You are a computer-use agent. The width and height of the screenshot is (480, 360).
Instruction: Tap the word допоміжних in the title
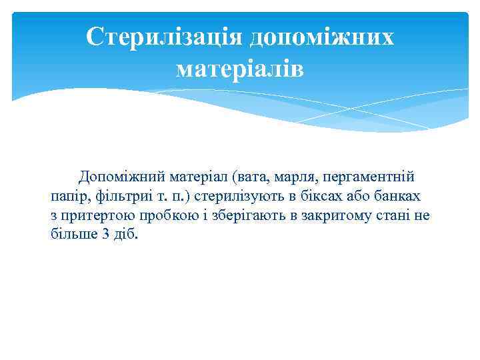coord(321,37)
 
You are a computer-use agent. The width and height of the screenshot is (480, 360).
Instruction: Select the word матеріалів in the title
coord(239,69)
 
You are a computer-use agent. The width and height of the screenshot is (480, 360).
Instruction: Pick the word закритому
coord(327,216)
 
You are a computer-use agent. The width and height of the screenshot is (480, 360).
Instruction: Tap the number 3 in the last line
coord(106,235)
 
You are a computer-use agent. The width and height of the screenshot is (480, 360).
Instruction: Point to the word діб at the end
coord(127,235)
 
